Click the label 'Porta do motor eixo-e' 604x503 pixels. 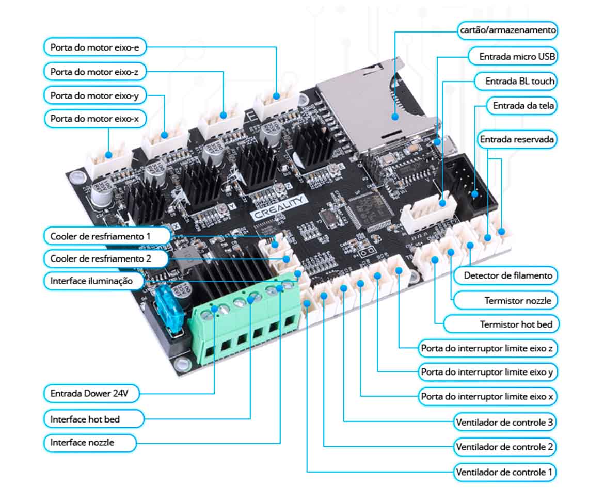95,47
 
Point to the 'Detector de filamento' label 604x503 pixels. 508,275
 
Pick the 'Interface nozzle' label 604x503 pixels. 83,442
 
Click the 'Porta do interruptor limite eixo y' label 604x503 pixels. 487,371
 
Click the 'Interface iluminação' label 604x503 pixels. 91,281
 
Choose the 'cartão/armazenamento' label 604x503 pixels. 508,30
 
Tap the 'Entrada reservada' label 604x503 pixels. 517,139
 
